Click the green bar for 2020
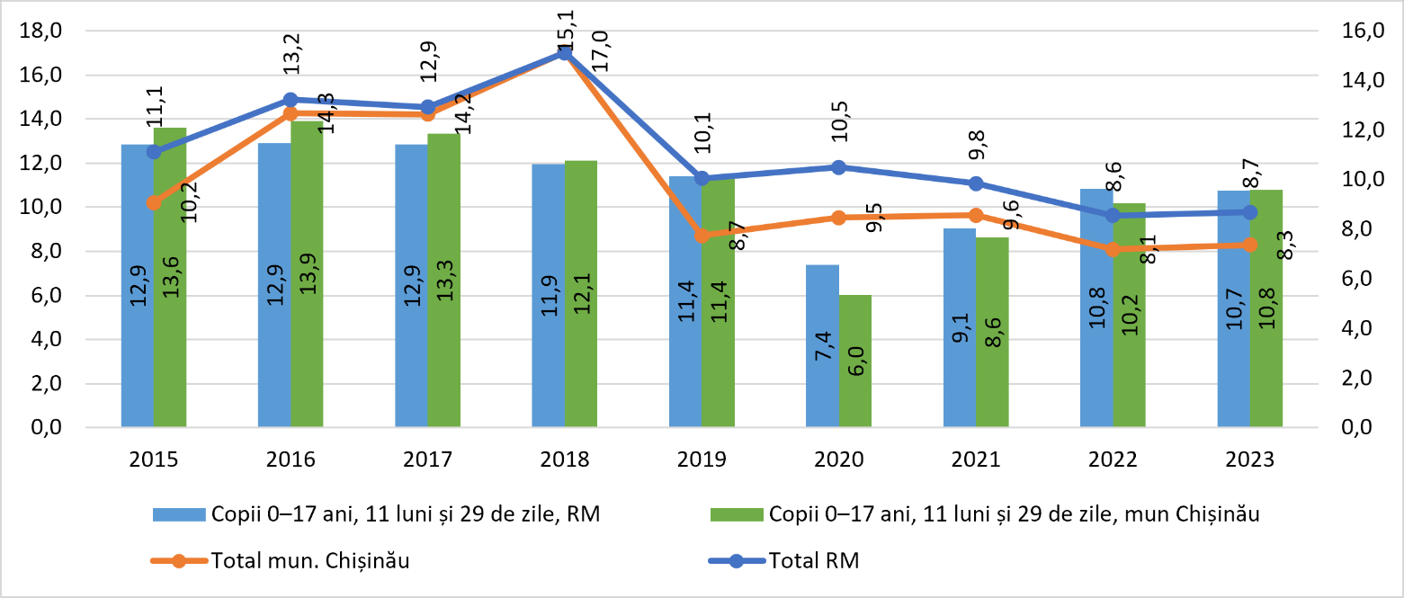[855, 361]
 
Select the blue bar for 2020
[822, 346]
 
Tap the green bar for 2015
[170, 277]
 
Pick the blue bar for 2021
[960, 328]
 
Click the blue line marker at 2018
[565, 53]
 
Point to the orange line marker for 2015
[154, 202]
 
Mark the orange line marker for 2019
[702, 236]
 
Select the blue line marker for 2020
[839, 167]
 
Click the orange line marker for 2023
[1250, 245]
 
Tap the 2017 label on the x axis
[428, 460]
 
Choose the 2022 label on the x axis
[1113, 460]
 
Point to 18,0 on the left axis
[40, 30]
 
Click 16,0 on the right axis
[1363, 30]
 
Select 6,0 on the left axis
[47, 295]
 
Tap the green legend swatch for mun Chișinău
[737, 514]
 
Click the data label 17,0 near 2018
[599, 51]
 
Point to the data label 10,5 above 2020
[839, 121]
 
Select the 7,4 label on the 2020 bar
[823, 345]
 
